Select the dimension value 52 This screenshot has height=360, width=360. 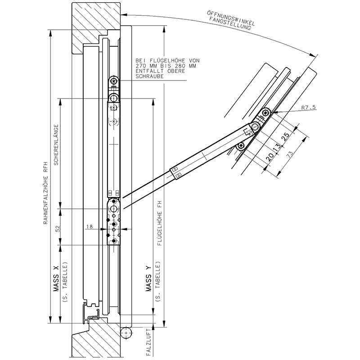click(x=57, y=229)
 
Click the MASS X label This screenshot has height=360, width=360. click(x=57, y=279)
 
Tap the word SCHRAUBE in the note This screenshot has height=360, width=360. click(x=149, y=77)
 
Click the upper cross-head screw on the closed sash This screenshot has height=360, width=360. click(x=114, y=81)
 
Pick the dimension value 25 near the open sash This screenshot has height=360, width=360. click(x=285, y=137)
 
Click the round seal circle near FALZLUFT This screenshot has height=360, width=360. click(x=126, y=333)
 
